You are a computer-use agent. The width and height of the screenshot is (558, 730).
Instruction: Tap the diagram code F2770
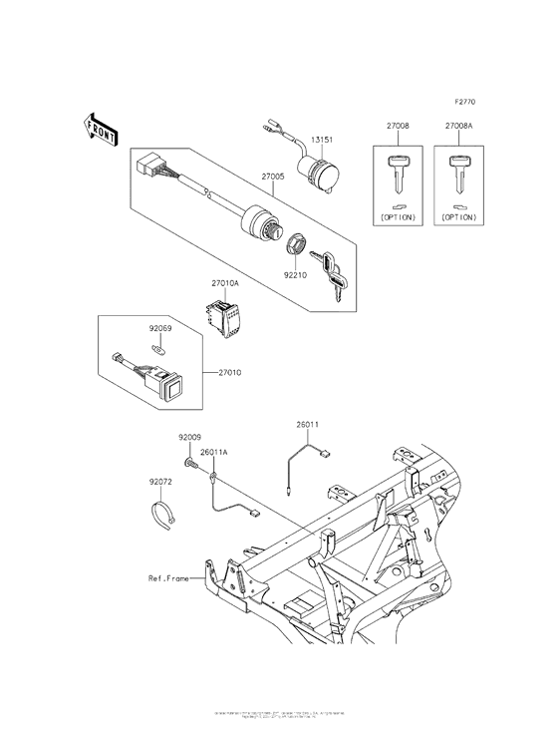pyautogui.click(x=465, y=103)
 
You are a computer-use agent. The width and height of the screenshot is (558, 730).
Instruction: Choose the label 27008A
pyautogui.click(x=460, y=128)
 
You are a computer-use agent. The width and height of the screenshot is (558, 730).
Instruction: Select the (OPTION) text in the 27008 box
pyautogui.click(x=397, y=216)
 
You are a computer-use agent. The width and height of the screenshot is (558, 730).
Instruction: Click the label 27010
pyautogui.click(x=229, y=373)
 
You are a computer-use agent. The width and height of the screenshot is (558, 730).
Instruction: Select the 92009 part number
pyautogui.click(x=190, y=437)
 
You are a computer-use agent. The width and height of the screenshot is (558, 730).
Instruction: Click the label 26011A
pyautogui.click(x=214, y=452)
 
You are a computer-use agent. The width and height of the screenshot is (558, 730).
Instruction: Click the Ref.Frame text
pyautogui.click(x=169, y=577)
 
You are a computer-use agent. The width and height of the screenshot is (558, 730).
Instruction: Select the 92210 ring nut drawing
pyautogui.click(x=297, y=244)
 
